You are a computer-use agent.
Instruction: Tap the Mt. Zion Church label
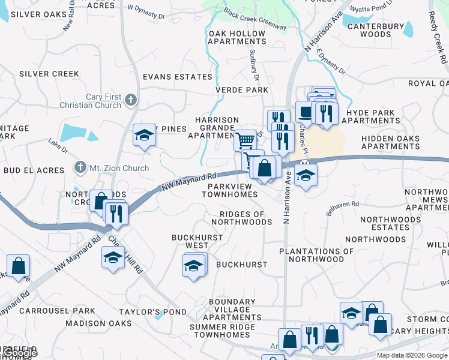coord(119,168)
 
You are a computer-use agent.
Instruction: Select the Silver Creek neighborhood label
coord(49,74)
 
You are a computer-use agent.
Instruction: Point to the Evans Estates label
coord(177,77)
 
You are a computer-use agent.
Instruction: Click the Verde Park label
coord(242,90)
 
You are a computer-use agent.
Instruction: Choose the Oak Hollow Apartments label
coord(237,37)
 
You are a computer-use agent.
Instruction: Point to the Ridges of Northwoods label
coord(246,218)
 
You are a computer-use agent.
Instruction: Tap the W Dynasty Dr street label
coord(146,11)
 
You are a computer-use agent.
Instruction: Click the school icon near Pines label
coord(144,135)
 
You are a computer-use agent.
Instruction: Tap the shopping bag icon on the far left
coord(19,266)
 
